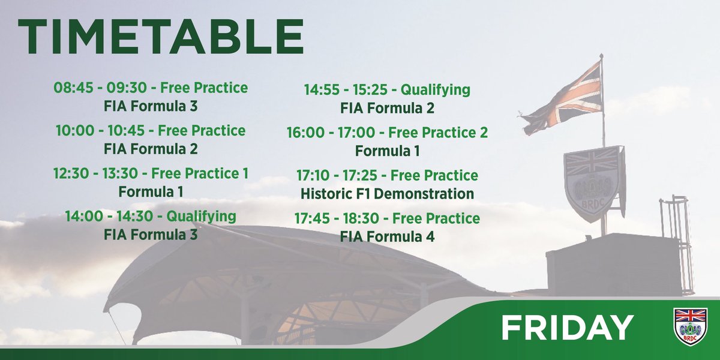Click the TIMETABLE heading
click(160, 38)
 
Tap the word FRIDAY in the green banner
click(567, 328)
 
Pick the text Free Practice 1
click(200, 174)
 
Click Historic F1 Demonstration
click(387, 194)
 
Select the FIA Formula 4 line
click(387, 236)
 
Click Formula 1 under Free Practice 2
click(387, 151)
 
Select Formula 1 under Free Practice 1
click(151, 192)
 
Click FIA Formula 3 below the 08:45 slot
click(151, 106)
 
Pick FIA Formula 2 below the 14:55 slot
click(387, 109)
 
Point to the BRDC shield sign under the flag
click(593, 180)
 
